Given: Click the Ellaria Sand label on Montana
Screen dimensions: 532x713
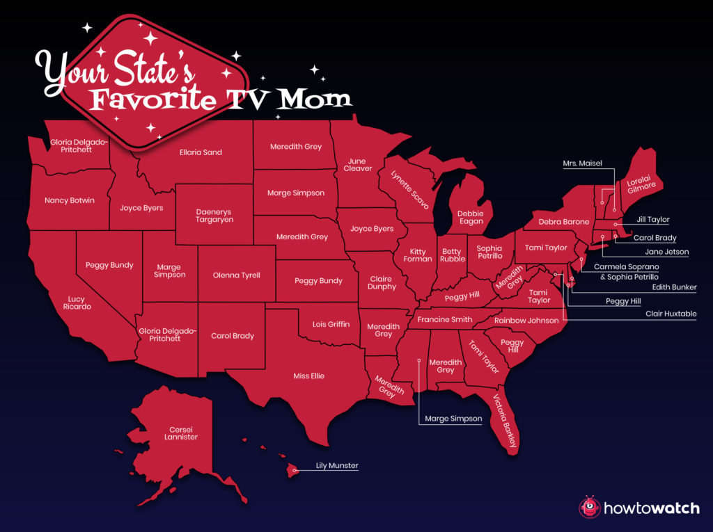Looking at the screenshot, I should click(201, 152).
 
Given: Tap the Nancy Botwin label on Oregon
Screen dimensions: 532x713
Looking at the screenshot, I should click(70, 200).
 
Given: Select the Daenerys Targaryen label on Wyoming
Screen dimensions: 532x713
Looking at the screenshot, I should click(214, 216).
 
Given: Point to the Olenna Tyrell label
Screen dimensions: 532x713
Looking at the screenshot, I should click(237, 275).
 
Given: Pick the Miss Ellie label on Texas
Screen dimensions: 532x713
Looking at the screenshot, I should click(308, 376).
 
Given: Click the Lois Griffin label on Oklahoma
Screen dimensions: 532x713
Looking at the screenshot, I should click(330, 324).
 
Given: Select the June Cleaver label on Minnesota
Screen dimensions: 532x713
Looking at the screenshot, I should click(358, 165).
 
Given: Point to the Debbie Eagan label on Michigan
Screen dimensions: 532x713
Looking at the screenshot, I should click(471, 218).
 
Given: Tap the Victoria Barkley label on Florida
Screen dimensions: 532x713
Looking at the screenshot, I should click(506, 420).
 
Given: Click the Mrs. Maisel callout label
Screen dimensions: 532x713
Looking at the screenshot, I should click(582, 164).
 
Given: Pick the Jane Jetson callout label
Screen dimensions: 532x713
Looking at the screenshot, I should click(666, 252).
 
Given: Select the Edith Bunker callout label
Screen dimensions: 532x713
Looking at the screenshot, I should click(673, 287).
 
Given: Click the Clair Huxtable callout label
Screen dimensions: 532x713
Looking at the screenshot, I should click(671, 314).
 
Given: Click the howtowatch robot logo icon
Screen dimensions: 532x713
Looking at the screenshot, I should click(589, 508).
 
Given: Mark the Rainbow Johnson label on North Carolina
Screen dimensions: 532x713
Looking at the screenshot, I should click(526, 321).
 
